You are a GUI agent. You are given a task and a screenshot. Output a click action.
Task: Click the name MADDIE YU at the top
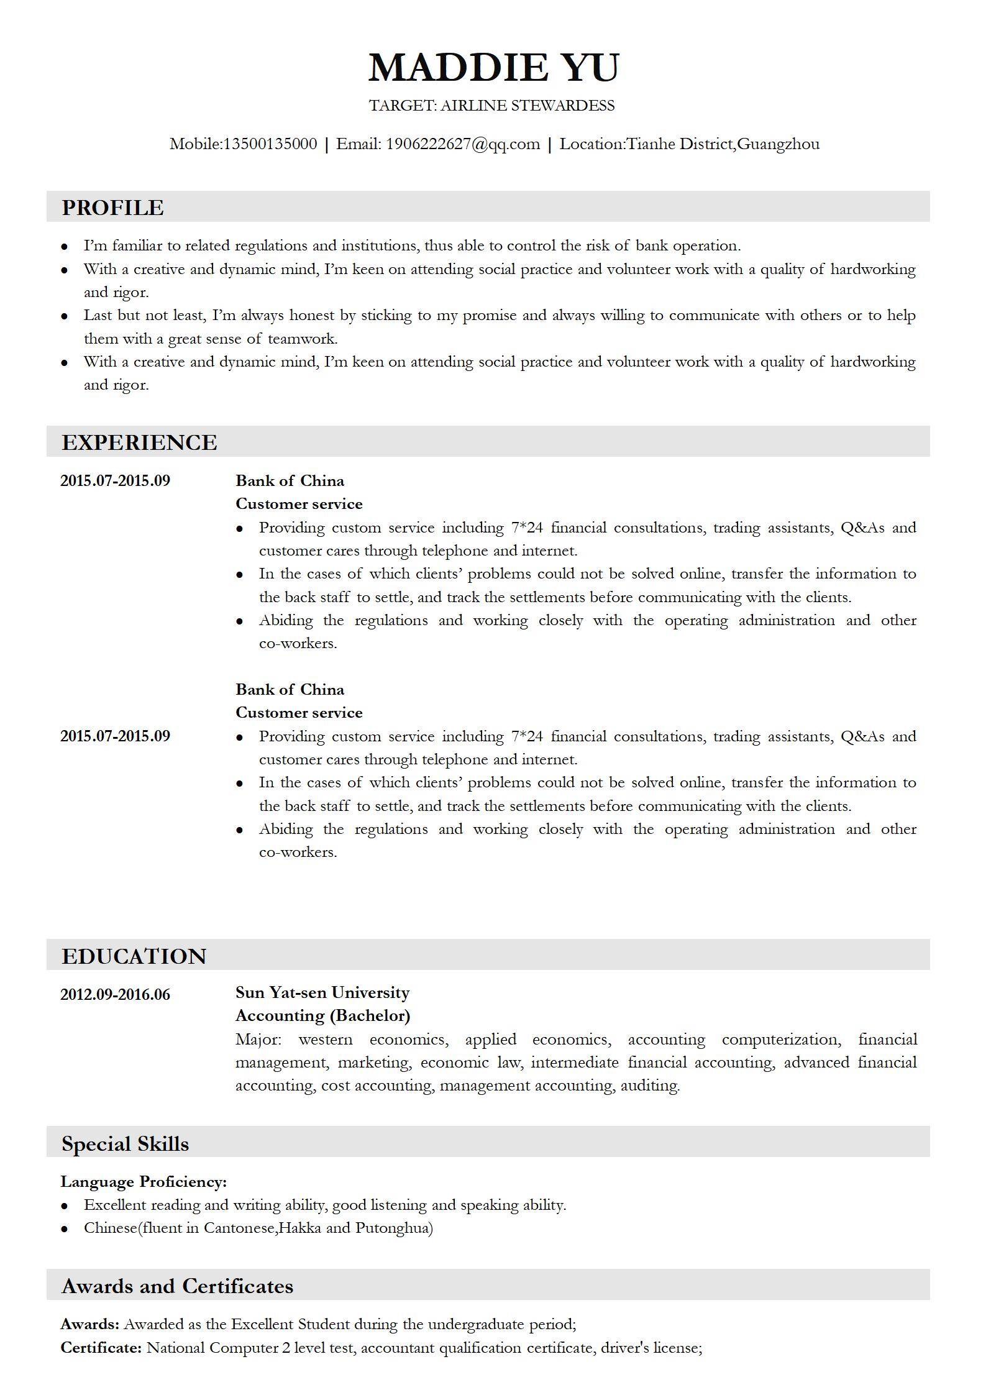pyautogui.click(x=494, y=67)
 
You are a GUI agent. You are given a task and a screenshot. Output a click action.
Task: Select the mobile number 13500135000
pyautogui.click(x=270, y=144)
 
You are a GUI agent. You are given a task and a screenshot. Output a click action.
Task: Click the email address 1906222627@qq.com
pyautogui.click(x=463, y=144)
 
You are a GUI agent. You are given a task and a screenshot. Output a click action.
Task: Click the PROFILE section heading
pyautogui.click(x=112, y=208)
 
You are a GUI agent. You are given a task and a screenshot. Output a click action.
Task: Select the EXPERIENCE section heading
pyautogui.click(x=139, y=442)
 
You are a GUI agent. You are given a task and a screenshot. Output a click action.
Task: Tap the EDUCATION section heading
pyautogui.click(x=134, y=956)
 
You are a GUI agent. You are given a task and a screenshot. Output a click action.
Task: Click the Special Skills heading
pyautogui.click(x=125, y=1144)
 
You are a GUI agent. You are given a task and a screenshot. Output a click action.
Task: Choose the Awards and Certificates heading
pyautogui.click(x=177, y=1286)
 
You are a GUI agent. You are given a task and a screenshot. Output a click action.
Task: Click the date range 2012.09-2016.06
pyautogui.click(x=115, y=995)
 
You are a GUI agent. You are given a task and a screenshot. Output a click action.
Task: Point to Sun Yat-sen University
pyautogui.click(x=322, y=992)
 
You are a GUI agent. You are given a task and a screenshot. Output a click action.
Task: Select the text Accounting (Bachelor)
pyautogui.click(x=322, y=1015)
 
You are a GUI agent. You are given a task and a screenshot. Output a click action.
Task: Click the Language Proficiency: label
pyautogui.click(x=144, y=1182)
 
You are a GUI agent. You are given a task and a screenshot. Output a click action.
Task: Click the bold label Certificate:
pyautogui.click(x=101, y=1348)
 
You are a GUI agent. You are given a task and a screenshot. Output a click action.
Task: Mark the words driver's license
pyautogui.click(x=651, y=1348)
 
